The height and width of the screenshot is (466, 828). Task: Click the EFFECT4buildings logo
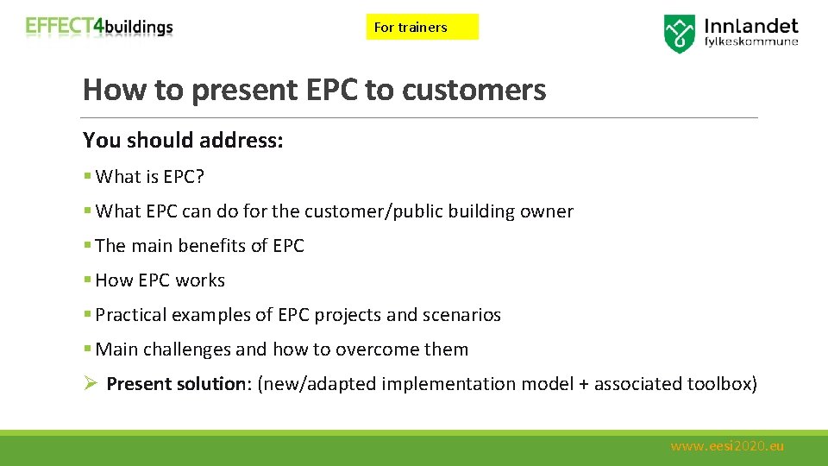[x=99, y=27]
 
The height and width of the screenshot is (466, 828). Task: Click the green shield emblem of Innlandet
[x=679, y=34]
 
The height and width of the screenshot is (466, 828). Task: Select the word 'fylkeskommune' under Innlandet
[x=751, y=41]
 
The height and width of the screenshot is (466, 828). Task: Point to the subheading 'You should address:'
[x=183, y=140]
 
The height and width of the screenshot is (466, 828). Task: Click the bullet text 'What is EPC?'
[x=150, y=177]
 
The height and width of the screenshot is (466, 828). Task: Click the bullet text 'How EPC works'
[x=160, y=280]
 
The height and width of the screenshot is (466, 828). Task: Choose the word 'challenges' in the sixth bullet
[x=188, y=349]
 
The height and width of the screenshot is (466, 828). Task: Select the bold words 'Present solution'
[x=177, y=384]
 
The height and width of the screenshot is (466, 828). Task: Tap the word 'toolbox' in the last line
[x=721, y=384]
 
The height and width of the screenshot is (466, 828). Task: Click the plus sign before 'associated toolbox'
[x=584, y=384]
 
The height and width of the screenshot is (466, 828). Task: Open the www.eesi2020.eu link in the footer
[x=727, y=446]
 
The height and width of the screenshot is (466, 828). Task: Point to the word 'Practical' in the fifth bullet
[x=131, y=315]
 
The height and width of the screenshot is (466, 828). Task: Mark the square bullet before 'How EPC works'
[x=87, y=280]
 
